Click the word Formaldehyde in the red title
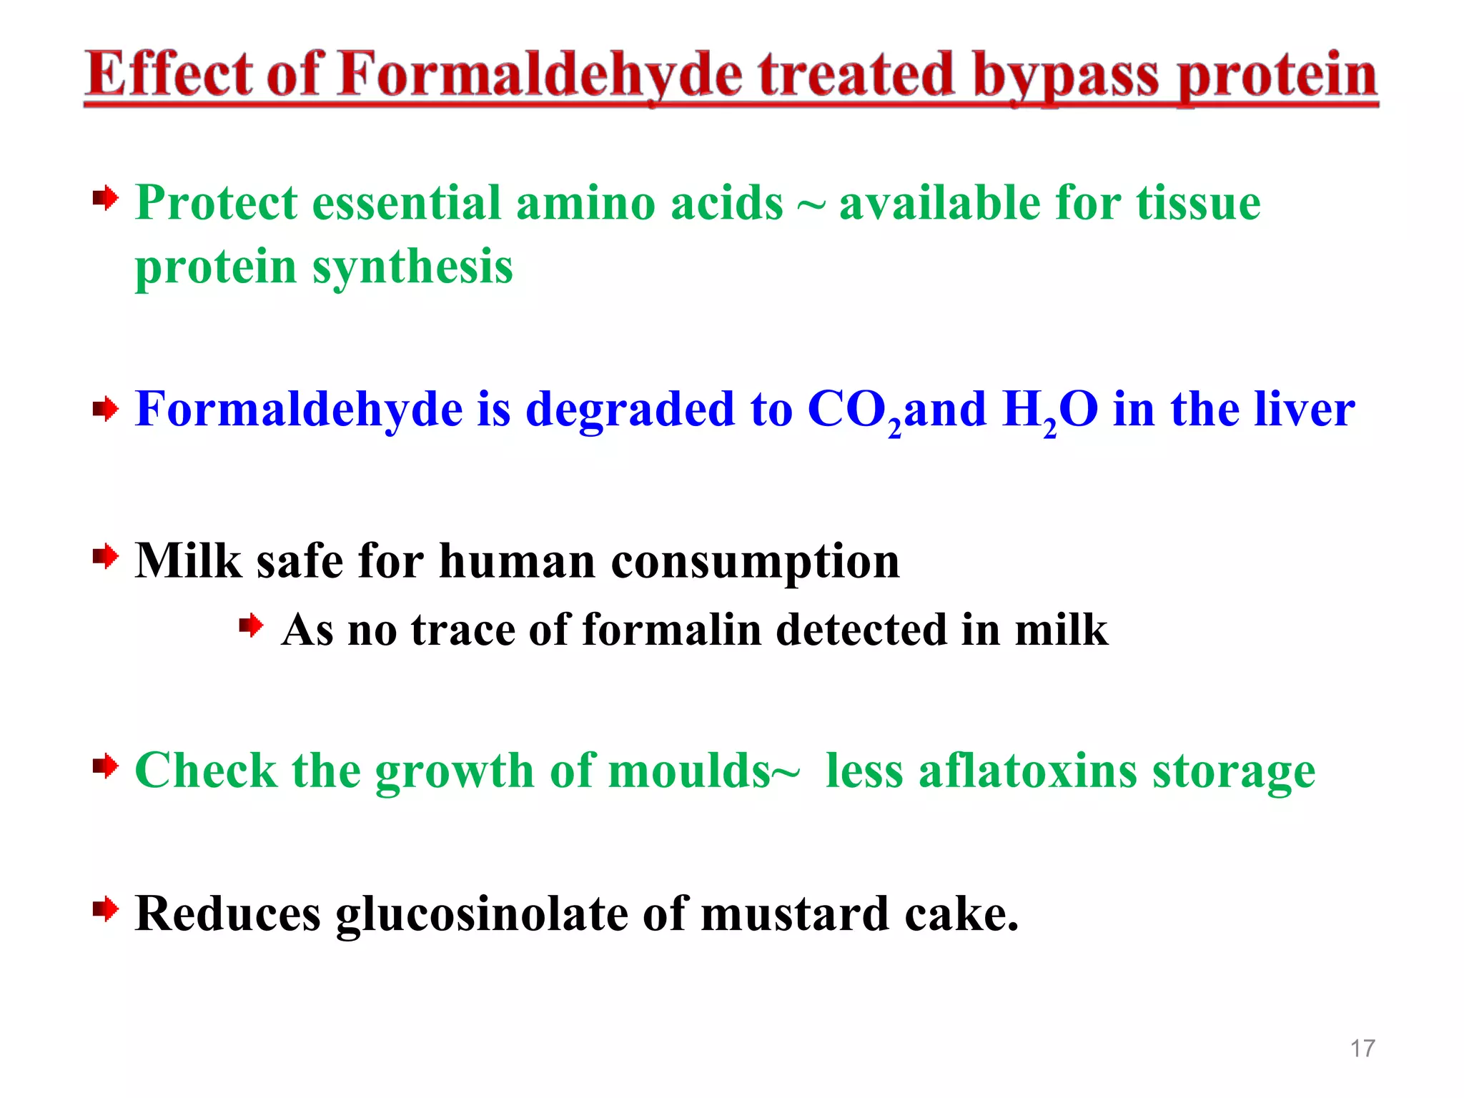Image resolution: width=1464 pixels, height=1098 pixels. pyautogui.click(x=540, y=75)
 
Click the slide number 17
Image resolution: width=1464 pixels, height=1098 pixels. pyautogui.click(x=1362, y=1048)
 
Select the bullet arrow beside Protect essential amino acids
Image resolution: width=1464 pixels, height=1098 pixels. pyautogui.click(x=105, y=198)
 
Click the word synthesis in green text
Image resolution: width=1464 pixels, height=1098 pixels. pyautogui.click(x=412, y=267)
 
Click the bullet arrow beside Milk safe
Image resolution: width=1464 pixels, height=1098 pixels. pyautogui.click(x=105, y=556)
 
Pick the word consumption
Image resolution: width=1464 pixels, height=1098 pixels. pyautogui.click(x=755, y=561)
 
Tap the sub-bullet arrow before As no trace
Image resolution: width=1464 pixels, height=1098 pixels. pyautogui.click(x=251, y=626)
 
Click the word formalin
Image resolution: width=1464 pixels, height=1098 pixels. pyautogui.click(x=672, y=630)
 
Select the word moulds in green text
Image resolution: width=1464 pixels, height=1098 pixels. pyautogui.click(x=689, y=771)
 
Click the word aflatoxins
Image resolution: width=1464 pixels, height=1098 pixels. pyautogui.click(x=1028, y=771)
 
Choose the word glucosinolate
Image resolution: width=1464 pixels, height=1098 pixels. pyautogui.click(x=482, y=915)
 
